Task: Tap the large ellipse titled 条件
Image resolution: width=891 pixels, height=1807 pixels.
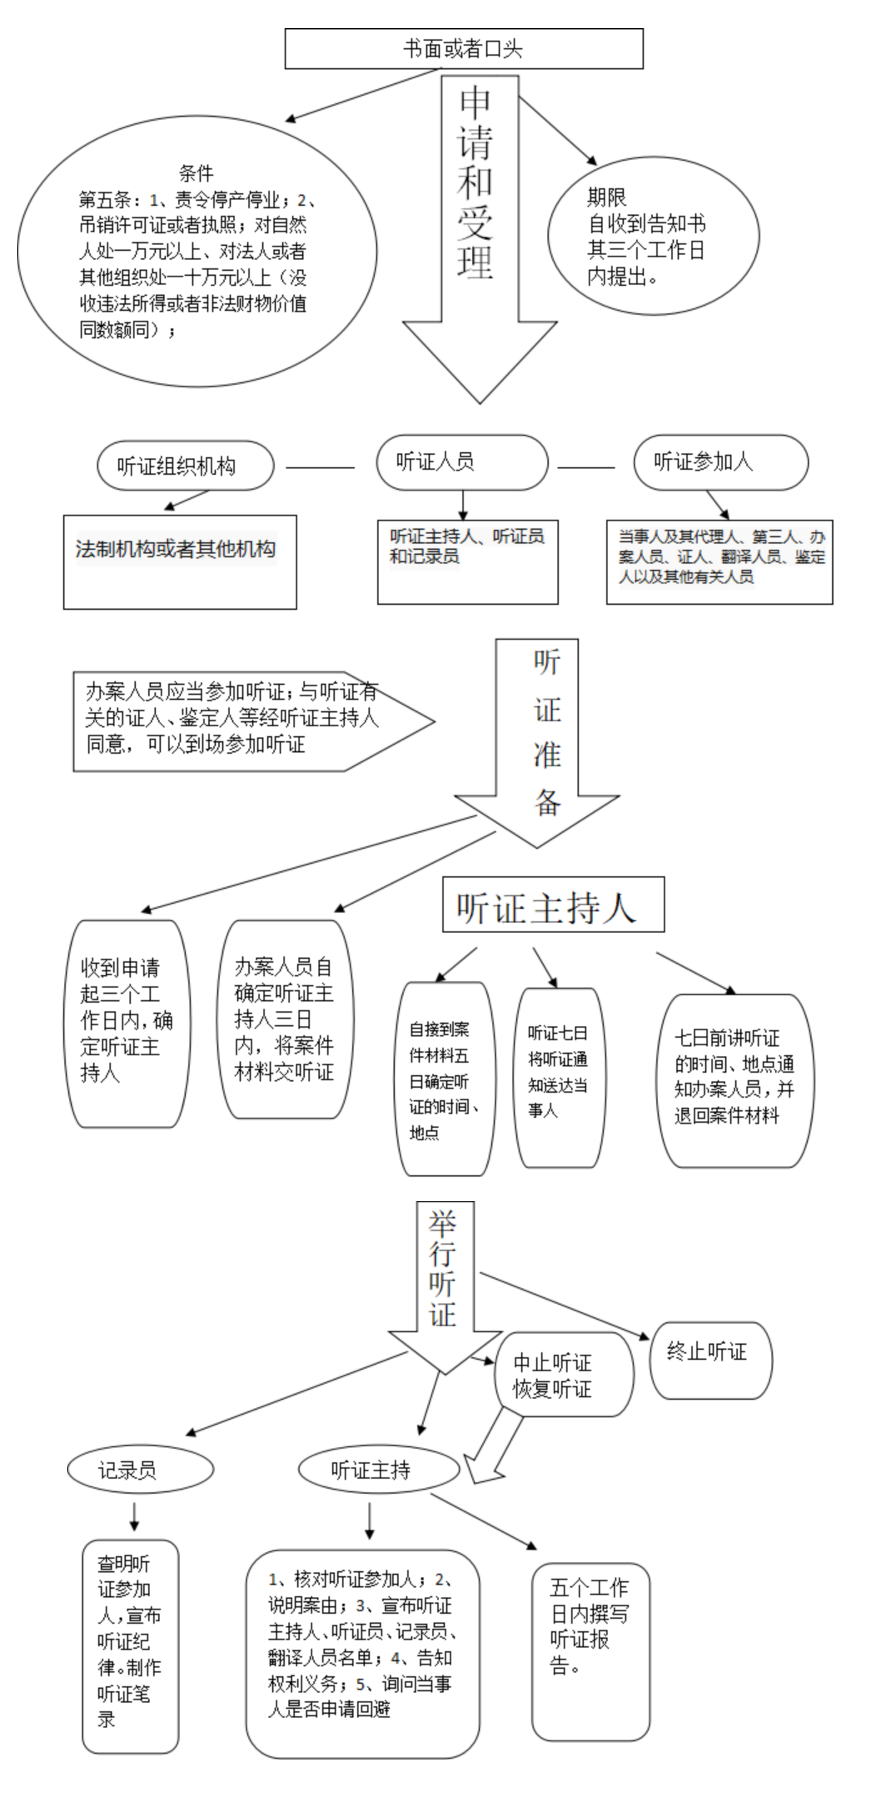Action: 196,251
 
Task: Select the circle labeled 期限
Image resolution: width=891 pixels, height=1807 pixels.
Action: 653,236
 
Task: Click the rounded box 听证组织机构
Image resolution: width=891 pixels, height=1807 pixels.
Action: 185,466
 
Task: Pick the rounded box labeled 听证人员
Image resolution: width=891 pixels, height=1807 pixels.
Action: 462,462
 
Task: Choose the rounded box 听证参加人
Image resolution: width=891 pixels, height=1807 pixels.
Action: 721,462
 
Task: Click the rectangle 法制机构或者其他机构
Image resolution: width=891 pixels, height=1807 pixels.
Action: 180,562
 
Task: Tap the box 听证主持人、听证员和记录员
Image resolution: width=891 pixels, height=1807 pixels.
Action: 467,561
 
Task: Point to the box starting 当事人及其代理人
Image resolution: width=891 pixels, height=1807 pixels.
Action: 719,561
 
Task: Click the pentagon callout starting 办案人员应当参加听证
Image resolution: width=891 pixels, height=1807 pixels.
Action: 245,721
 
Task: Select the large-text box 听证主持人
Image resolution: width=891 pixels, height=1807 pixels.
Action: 553,905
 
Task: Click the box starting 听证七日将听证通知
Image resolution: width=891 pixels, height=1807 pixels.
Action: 559,1077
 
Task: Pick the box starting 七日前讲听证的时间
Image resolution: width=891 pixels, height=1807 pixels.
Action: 735,1080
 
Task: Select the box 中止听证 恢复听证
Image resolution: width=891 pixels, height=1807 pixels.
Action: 563,1375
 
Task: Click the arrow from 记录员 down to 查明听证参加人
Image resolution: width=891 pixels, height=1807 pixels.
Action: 134,1516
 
